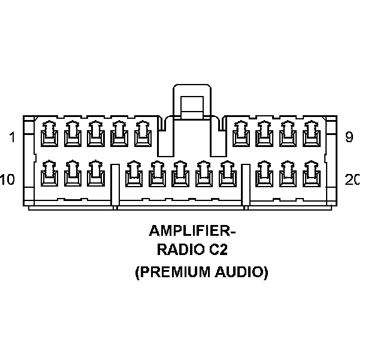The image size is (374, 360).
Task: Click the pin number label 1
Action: [x=12, y=137]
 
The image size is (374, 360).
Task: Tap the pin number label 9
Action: [x=349, y=137]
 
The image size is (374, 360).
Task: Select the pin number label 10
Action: [x=8, y=179]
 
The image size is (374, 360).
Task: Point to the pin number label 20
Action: [x=352, y=179]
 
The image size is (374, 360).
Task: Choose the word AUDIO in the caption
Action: [x=239, y=272]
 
